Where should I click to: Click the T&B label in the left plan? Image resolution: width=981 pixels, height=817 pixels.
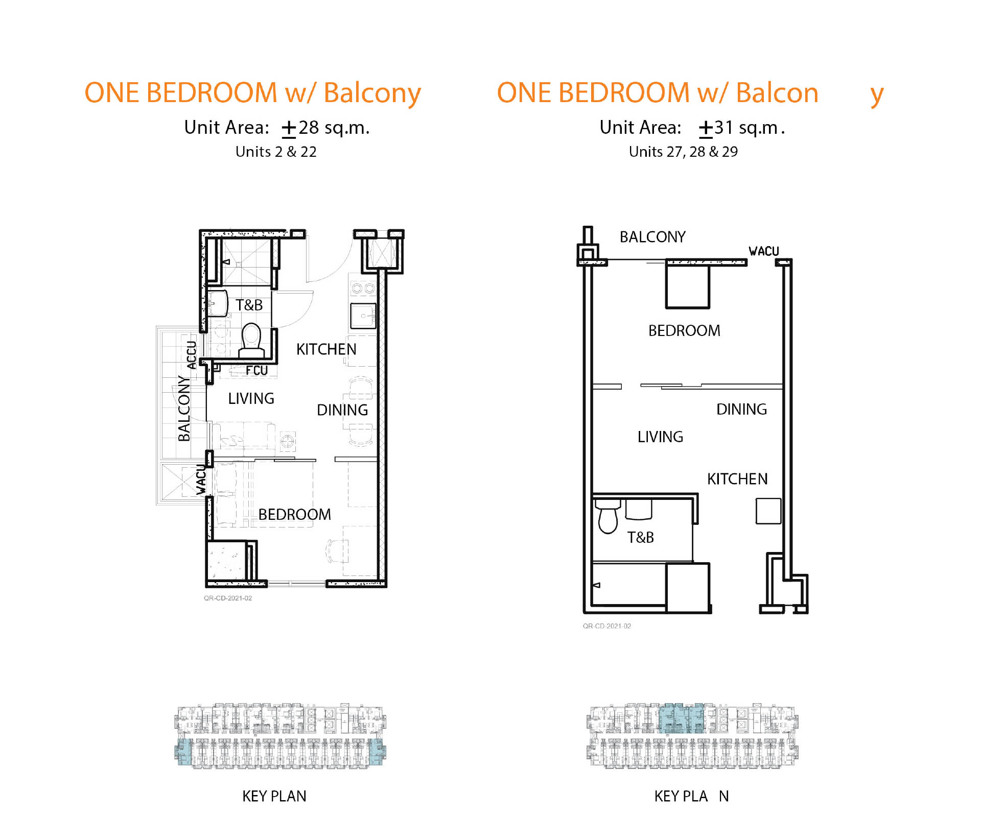coord(249,305)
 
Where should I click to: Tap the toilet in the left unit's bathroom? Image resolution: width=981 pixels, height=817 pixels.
coord(251,340)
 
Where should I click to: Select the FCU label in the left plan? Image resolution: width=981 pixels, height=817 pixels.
coord(256,370)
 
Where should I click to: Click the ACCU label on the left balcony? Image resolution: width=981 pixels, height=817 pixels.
coord(191,355)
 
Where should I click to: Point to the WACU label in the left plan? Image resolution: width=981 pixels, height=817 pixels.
coord(201,480)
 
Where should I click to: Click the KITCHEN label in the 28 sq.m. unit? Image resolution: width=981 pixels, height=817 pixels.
coord(326,349)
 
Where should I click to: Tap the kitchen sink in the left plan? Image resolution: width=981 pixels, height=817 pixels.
coord(363,316)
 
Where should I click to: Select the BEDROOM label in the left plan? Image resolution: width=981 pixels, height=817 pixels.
coord(295,514)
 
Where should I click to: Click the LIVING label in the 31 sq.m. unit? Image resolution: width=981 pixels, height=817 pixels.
coord(660,437)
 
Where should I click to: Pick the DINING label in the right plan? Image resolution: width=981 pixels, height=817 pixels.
coord(741,409)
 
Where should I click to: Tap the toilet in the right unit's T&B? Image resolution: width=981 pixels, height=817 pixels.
coord(608,517)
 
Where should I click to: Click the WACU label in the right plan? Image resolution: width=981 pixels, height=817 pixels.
coord(764,251)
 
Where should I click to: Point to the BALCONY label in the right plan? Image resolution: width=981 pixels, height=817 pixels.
coord(652,237)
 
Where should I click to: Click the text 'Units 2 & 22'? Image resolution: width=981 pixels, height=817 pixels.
coord(276,152)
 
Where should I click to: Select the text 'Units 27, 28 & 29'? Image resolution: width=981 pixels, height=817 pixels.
coord(683,152)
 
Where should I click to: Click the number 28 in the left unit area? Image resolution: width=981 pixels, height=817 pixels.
coord(309,127)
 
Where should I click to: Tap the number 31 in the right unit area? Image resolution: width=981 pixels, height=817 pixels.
coord(724,127)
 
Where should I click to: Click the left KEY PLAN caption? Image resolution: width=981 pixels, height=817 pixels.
coord(274,796)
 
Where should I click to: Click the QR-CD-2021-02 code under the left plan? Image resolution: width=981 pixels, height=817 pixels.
coord(228,598)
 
